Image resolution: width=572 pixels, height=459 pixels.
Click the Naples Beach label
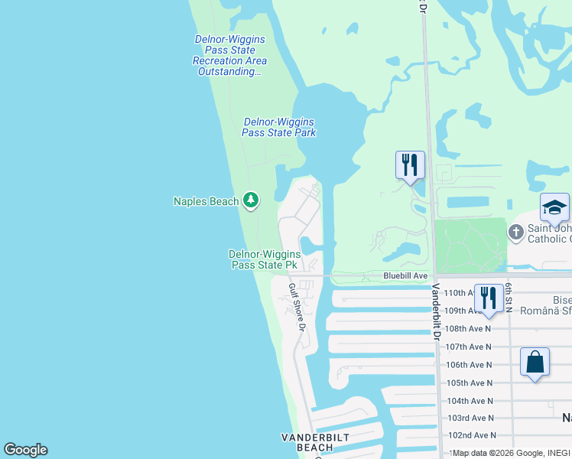click(x=206, y=201)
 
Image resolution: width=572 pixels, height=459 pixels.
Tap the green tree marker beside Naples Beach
click(x=251, y=200)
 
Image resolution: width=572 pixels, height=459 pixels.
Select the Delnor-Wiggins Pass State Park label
click(x=279, y=127)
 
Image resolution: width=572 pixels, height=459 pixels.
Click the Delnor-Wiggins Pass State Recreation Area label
click(x=229, y=55)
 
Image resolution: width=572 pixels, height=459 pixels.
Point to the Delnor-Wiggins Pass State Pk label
click(x=263, y=259)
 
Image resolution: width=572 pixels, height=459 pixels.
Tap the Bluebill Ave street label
click(x=405, y=275)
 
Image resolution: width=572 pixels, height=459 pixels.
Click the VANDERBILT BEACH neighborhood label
click(x=317, y=442)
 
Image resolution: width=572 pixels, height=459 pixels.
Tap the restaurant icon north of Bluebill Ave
click(x=410, y=164)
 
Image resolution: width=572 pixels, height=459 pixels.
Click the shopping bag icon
click(x=535, y=361)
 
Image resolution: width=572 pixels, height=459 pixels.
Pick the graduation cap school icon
click(x=554, y=207)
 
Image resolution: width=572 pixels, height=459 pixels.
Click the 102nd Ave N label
click(x=470, y=435)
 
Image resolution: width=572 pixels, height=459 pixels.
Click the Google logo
click(x=25, y=450)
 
